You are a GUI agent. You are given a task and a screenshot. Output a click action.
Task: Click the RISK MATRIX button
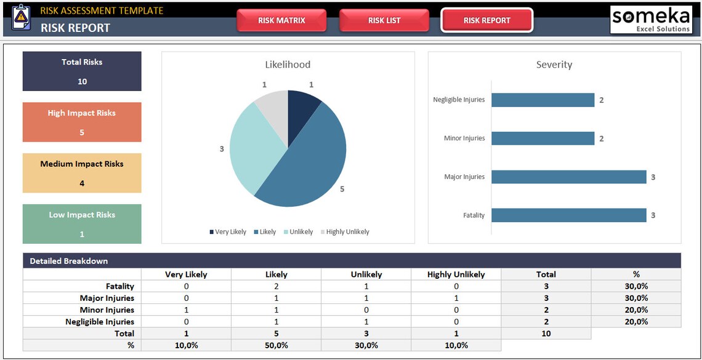coord(281,20)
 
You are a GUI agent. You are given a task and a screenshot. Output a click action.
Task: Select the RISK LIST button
coord(384,20)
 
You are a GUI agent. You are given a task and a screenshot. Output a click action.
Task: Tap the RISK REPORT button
coord(486,20)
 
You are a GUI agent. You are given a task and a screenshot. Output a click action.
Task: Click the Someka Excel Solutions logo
coord(651,20)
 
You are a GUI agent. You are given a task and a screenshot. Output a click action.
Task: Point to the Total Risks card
coord(82,71)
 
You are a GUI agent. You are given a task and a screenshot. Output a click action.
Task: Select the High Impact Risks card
coord(82,122)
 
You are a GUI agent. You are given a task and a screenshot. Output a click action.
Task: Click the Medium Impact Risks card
coord(82,174)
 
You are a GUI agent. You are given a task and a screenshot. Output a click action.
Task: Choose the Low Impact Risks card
coord(82,224)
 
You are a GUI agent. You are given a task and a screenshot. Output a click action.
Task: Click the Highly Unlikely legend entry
coord(347,232)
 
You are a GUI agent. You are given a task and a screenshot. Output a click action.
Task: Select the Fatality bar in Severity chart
coord(568,215)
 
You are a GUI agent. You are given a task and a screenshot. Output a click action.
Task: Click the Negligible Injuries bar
coord(542,100)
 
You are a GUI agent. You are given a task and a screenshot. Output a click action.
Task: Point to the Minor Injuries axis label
coord(464,138)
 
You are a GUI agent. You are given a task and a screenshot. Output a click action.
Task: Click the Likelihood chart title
coord(288,65)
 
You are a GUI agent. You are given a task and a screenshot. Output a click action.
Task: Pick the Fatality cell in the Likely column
coord(276,286)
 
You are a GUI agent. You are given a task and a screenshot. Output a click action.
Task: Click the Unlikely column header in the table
coord(366,274)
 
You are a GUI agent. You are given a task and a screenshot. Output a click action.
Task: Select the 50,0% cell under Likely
coord(276,345)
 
